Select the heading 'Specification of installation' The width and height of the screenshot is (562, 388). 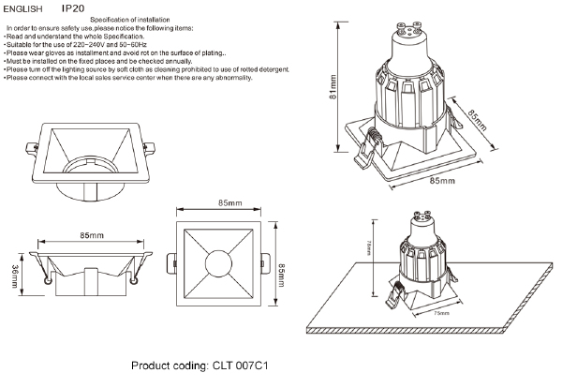[x=130, y=20]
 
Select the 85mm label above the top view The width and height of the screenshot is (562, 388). [x=229, y=202]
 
